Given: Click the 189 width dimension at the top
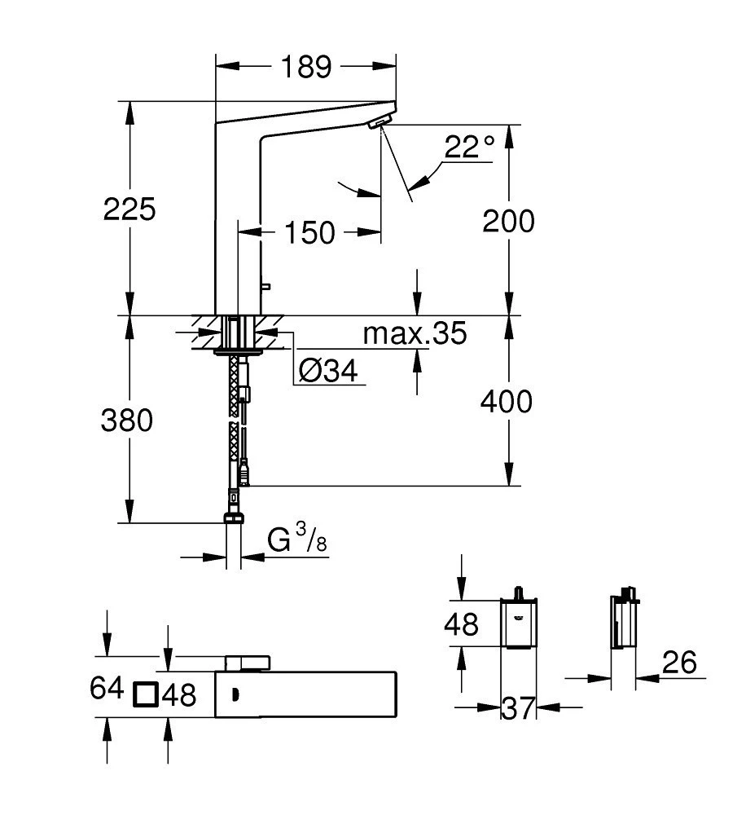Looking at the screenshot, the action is pyautogui.click(x=306, y=67).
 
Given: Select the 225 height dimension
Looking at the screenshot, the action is pyautogui.click(x=129, y=209).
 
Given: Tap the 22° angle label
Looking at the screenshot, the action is pyautogui.click(x=469, y=147).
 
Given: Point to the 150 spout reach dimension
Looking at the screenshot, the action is pyautogui.click(x=309, y=232).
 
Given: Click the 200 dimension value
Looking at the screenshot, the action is pyautogui.click(x=508, y=221).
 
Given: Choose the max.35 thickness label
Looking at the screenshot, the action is pyautogui.click(x=415, y=333).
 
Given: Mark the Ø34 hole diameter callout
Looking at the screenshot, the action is pyautogui.click(x=328, y=371).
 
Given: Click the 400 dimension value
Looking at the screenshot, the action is pyautogui.click(x=507, y=401).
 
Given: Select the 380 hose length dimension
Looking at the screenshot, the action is pyautogui.click(x=127, y=420).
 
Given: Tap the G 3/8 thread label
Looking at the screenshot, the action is pyautogui.click(x=297, y=539).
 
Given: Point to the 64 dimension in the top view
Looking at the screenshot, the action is pyautogui.click(x=107, y=688).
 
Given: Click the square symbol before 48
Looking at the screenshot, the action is pyautogui.click(x=145, y=694).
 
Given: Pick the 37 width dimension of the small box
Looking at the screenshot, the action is pyautogui.click(x=518, y=708).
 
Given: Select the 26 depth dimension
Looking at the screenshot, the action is pyautogui.click(x=679, y=663).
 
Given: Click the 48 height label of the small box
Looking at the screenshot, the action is pyautogui.click(x=461, y=624).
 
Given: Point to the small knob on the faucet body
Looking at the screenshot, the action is pyautogui.click(x=266, y=286).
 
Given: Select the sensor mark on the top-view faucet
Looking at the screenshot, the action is pyautogui.click(x=235, y=694).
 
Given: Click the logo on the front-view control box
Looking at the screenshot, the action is pyautogui.click(x=518, y=617).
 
